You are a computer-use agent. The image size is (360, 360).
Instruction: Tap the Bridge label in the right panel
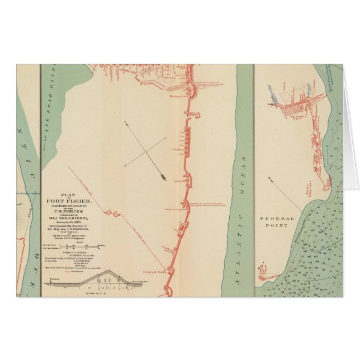pyautogui.click(x=269, y=103)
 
